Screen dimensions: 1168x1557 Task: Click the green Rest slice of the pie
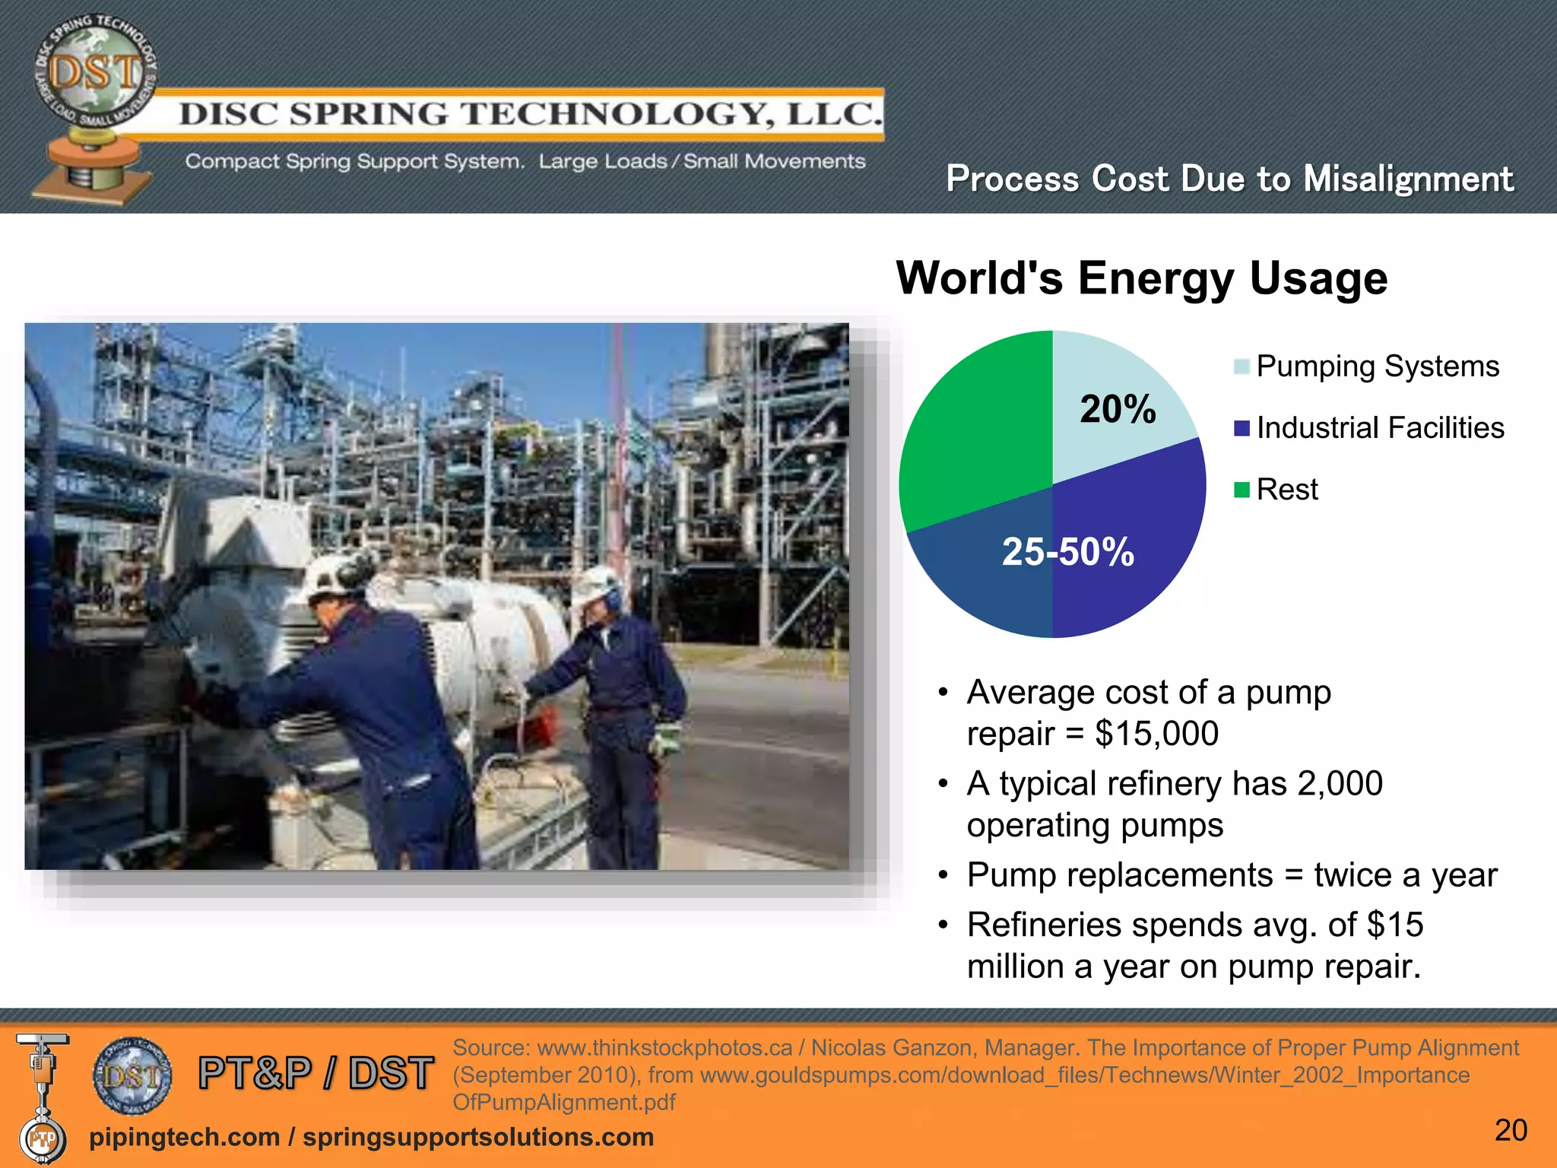pos(973,426)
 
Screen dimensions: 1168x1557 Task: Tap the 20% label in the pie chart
pos(1118,409)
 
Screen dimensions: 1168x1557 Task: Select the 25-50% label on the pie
pos(1067,551)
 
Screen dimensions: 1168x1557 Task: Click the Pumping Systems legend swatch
pos(1241,367)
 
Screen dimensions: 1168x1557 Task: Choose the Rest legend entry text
pos(1286,490)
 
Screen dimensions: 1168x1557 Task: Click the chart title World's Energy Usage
pos(1141,278)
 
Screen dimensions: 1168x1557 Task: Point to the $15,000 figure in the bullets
pos(1156,734)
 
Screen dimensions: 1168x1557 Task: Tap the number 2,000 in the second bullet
pos(1340,783)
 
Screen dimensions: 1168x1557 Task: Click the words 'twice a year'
pos(1405,875)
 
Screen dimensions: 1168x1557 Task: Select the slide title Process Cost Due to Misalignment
pos(1229,179)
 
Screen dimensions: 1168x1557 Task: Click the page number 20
pos(1510,1131)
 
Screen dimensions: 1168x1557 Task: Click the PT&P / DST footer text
pos(316,1073)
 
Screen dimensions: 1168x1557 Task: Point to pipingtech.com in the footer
pos(184,1137)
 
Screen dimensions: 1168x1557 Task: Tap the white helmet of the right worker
pos(597,586)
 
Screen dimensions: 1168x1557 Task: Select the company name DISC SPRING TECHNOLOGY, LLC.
pos(530,114)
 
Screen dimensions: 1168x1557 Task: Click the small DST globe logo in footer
pos(132,1075)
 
